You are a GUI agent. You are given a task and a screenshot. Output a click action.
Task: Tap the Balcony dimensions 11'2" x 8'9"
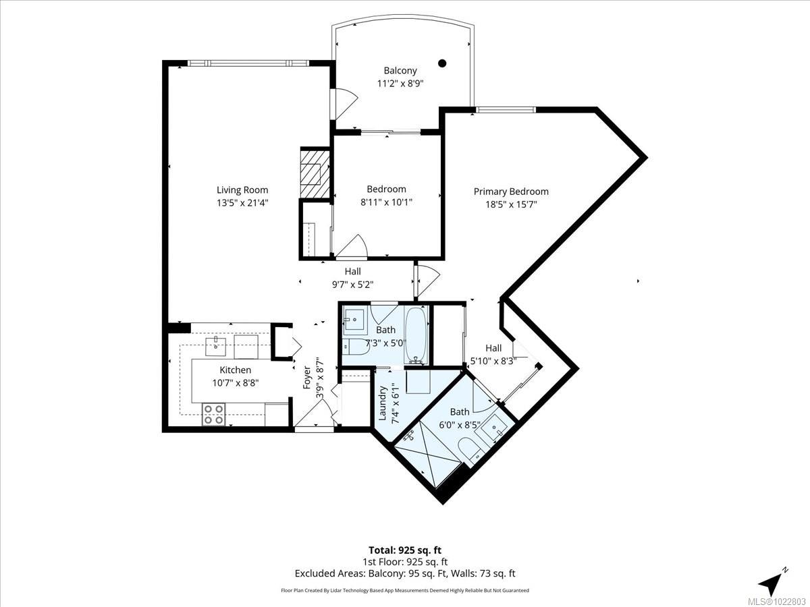click(x=400, y=84)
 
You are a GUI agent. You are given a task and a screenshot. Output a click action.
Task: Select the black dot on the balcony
click(x=442, y=63)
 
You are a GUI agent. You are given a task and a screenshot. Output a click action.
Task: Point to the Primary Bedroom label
click(x=510, y=192)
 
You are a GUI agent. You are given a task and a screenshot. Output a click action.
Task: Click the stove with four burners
click(x=213, y=413)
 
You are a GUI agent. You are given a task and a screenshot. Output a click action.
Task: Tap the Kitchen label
click(x=235, y=370)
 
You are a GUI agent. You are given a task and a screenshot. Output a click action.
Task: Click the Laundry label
click(x=383, y=403)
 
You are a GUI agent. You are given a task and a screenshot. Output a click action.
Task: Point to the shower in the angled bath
click(x=425, y=452)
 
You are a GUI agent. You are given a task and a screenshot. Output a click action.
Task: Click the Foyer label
click(x=307, y=377)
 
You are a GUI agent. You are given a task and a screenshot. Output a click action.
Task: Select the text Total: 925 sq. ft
click(x=405, y=550)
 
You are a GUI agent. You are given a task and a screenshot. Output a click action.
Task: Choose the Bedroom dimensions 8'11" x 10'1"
click(x=386, y=202)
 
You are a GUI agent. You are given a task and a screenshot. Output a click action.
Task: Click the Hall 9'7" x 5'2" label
click(x=352, y=278)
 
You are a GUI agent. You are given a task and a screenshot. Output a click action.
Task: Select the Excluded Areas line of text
click(x=405, y=573)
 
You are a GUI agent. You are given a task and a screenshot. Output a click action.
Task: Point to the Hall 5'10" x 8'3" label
click(x=493, y=354)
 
